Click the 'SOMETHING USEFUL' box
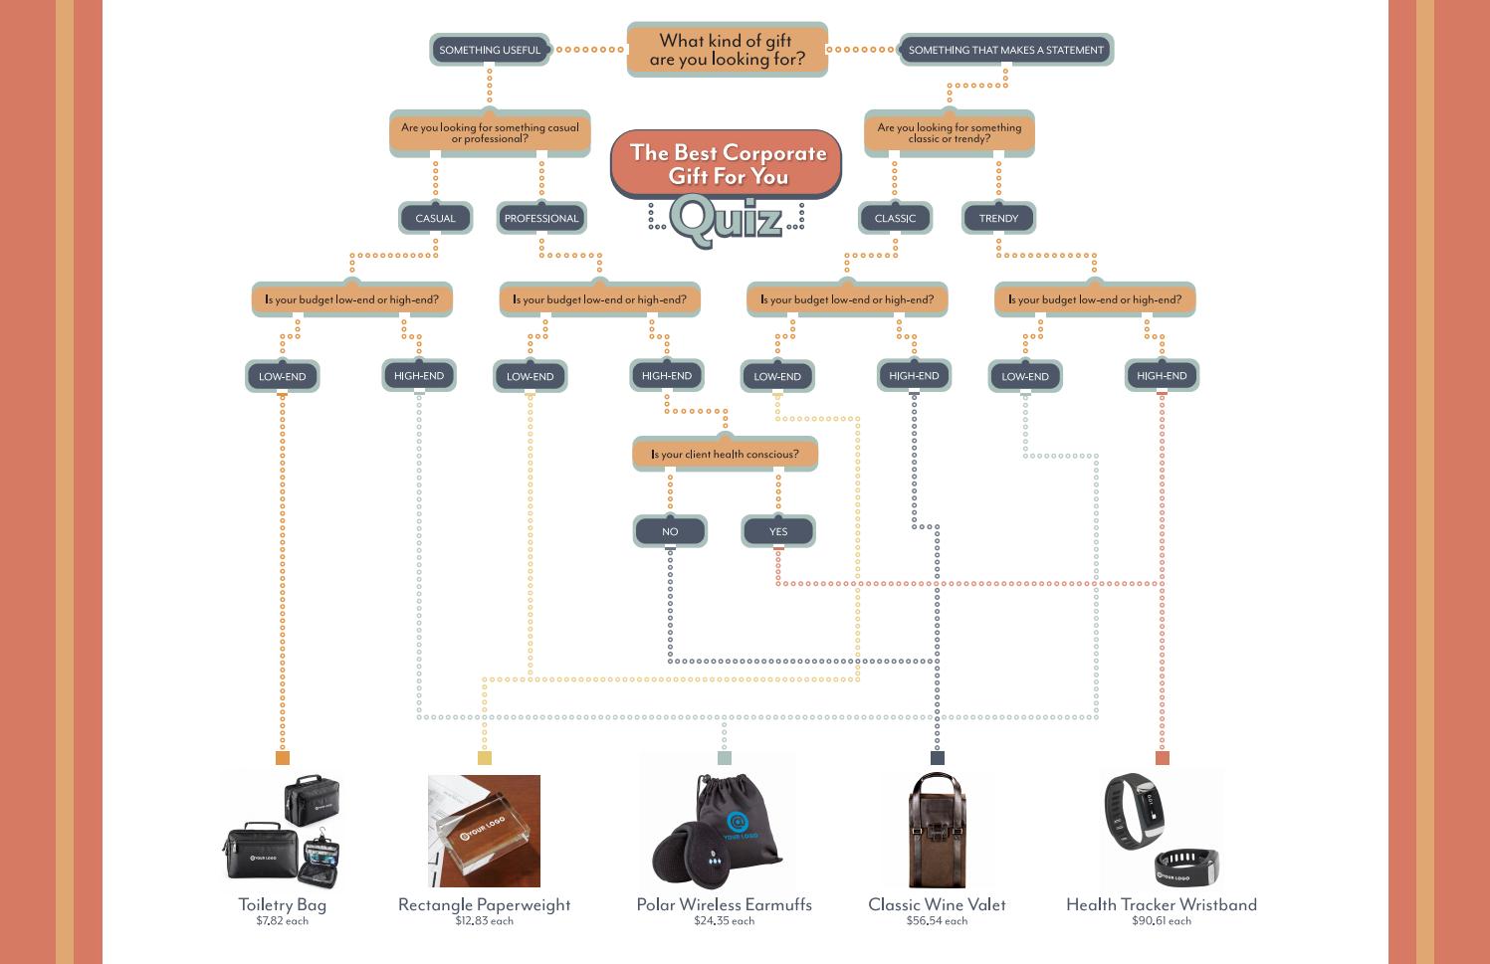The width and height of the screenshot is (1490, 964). pos(490,50)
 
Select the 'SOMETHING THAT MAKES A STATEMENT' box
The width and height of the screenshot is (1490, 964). pos(1005,50)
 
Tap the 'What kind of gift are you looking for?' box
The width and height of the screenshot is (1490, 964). pos(727,50)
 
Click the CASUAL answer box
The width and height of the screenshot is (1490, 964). pos(435,218)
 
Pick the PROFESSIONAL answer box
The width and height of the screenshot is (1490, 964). pos(540,218)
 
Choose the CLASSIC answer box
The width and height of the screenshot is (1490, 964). pos(895,218)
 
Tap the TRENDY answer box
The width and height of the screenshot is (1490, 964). pos(998,218)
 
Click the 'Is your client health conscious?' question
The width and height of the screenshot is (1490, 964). pos(725,454)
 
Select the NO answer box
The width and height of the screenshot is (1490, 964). pos(670,531)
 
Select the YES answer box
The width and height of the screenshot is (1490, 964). pos(778,531)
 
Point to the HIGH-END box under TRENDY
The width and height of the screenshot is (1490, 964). pos(1162,376)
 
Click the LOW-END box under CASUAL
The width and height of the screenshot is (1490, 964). pos(282,376)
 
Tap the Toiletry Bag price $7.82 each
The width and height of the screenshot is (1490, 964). pos(282,921)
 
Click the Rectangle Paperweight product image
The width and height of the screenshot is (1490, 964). pos(484,831)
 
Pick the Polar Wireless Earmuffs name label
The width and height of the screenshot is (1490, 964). pos(724,904)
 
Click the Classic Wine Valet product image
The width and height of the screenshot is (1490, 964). pos(937,831)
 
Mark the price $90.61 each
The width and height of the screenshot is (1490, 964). pos(1161,921)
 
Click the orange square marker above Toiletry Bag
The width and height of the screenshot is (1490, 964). pos(283,758)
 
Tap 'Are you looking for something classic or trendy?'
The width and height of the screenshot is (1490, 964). pos(949,133)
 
